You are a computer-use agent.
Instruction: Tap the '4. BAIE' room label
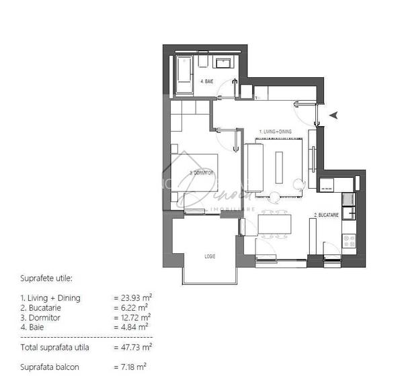[208, 81]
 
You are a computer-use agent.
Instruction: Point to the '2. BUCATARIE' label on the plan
[325, 216]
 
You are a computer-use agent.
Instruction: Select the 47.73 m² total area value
[132, 347]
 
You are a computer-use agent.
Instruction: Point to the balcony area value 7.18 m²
[130, 367]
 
